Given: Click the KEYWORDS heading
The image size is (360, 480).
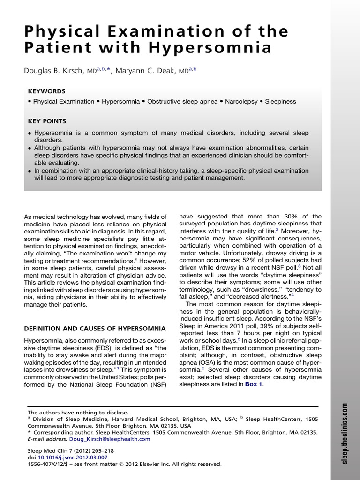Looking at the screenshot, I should coord(46,91).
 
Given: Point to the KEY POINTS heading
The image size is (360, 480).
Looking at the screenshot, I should coord(47,121).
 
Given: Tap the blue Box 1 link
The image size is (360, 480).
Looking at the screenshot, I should coord(254,384).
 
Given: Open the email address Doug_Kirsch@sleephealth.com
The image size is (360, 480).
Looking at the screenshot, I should coord(109,439).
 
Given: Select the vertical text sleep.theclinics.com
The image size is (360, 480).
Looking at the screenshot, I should coord(345,433).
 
